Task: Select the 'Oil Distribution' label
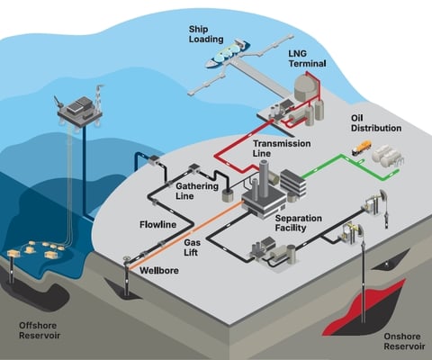point(375,122)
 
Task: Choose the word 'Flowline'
point(157,222)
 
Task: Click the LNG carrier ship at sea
point(229,53)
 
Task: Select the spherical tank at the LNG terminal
point(306,85)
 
